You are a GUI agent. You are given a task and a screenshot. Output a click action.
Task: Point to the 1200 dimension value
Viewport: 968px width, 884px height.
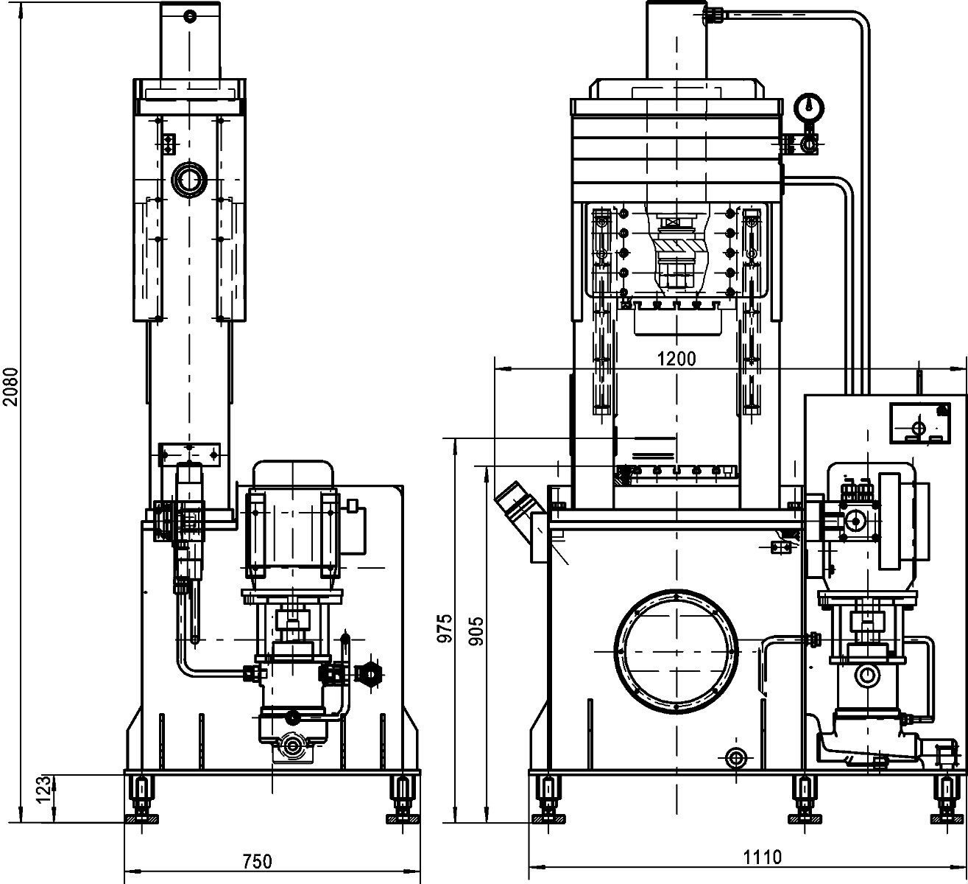coord(676,359)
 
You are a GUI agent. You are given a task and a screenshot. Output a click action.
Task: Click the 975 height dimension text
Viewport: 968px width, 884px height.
coord(444,629)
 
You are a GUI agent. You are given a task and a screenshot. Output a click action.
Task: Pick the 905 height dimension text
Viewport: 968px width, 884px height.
coord(476,629)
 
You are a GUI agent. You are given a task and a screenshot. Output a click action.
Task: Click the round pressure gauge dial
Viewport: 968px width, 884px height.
coord(808,108)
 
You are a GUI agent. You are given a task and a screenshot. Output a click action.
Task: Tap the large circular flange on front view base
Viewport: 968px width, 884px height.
coord(675,653)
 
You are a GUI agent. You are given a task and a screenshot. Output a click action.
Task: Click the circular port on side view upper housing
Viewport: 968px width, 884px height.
coord(190,179)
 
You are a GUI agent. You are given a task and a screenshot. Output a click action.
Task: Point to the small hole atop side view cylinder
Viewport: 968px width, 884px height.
coord(191,15)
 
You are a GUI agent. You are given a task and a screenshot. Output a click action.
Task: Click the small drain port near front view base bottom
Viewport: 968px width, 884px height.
coord(735,757)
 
